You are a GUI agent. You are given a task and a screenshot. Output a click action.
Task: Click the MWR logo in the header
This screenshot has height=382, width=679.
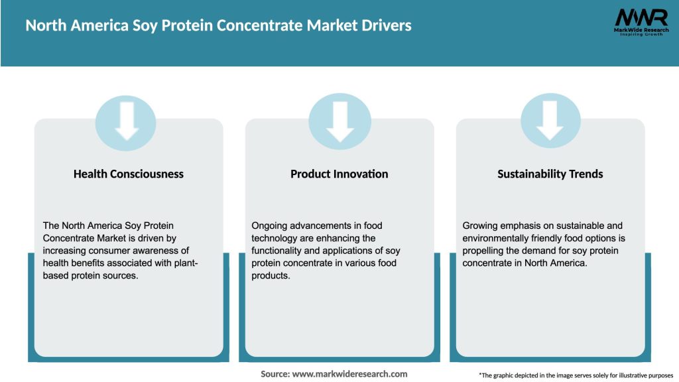coord(641,18)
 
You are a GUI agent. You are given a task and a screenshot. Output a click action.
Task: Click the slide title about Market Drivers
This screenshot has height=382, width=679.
coord(218,26)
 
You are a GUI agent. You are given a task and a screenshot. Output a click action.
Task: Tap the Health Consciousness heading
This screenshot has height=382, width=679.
coord(128,174)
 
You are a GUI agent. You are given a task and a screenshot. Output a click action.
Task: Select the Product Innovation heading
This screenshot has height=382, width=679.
coord(339,174)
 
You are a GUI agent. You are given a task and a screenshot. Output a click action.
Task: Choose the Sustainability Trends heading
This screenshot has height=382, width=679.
coord(550,174)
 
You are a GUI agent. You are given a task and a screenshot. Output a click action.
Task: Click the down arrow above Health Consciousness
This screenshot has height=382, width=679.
coord(126,119)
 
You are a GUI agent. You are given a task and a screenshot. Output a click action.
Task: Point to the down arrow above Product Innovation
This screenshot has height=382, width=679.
coord(339,119)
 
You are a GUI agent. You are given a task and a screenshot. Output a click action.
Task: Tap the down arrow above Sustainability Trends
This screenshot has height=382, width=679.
coord(550,119)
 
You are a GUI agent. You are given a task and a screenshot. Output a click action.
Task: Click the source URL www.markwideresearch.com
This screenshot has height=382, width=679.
coord(349,374)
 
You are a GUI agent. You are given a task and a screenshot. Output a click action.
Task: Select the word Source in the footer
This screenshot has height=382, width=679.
coord(275,374)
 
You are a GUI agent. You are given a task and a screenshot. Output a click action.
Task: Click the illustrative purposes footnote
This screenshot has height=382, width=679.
coord(576,375)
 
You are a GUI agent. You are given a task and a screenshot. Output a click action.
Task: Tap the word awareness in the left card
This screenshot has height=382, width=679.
coord(165,250)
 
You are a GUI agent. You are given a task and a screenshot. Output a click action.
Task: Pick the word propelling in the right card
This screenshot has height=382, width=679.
coord(486,250)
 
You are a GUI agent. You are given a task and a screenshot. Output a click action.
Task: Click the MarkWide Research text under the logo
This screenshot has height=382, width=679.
coord(641,31)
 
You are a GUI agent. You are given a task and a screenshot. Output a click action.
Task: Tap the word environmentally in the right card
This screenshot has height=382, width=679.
coord(499,238)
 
